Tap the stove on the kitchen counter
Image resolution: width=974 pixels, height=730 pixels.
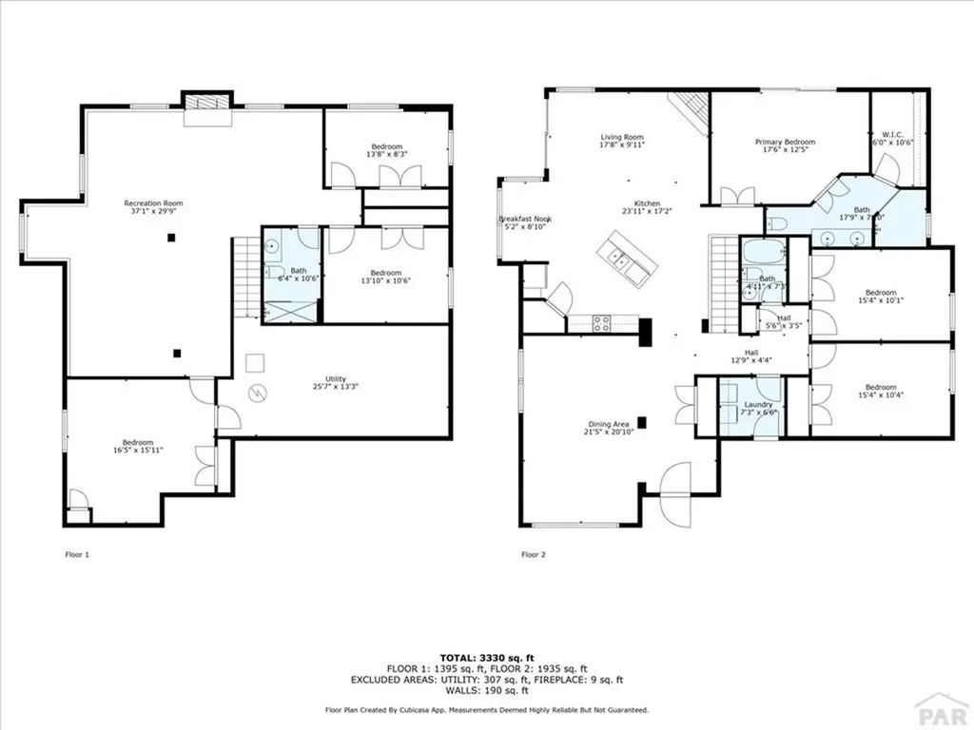[602, 323]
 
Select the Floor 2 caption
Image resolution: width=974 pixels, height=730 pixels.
[533, 554]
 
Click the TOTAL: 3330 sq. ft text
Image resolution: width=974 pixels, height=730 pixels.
[486, 658]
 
